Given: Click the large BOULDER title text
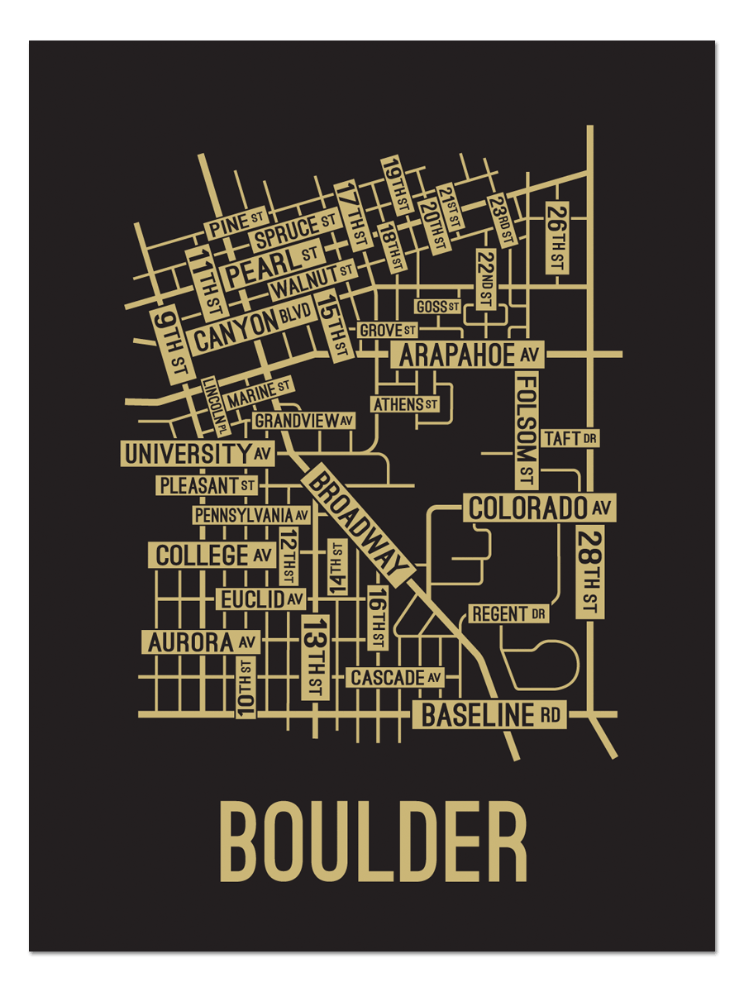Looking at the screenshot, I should (373, 842).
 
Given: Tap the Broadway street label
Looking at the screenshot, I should (357, 526).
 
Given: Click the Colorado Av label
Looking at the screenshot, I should (540, 508).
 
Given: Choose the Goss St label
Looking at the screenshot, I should (437, 307).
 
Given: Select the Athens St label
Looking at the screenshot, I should (405, 405).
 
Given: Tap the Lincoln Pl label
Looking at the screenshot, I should (215, 406).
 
